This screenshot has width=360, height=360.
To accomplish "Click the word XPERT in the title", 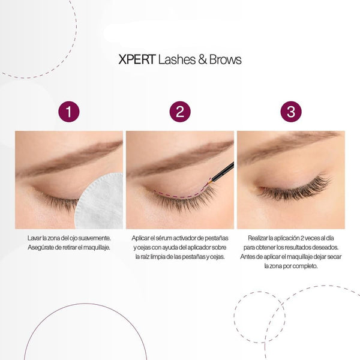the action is (x=137, y=59).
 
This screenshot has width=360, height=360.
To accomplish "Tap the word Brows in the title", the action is (x=225, y=59).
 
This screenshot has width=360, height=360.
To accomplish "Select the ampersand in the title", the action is (x=202, y=59).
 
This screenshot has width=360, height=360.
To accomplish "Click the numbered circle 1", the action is (x=69, y=112).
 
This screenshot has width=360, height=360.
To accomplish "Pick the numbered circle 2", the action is (x=180, y=112).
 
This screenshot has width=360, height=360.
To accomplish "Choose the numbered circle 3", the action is (x=291, y=112).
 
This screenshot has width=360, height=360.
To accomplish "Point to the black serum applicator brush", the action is (x=221, y=173).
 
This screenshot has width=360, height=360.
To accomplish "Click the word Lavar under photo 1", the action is (x=33, y=238).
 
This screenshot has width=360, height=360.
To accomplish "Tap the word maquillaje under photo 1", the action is (x=97, y=248).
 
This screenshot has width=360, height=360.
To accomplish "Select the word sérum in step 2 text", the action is (x=164, y=238).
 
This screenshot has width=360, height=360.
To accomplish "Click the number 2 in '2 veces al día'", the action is (x=302, y=238).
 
